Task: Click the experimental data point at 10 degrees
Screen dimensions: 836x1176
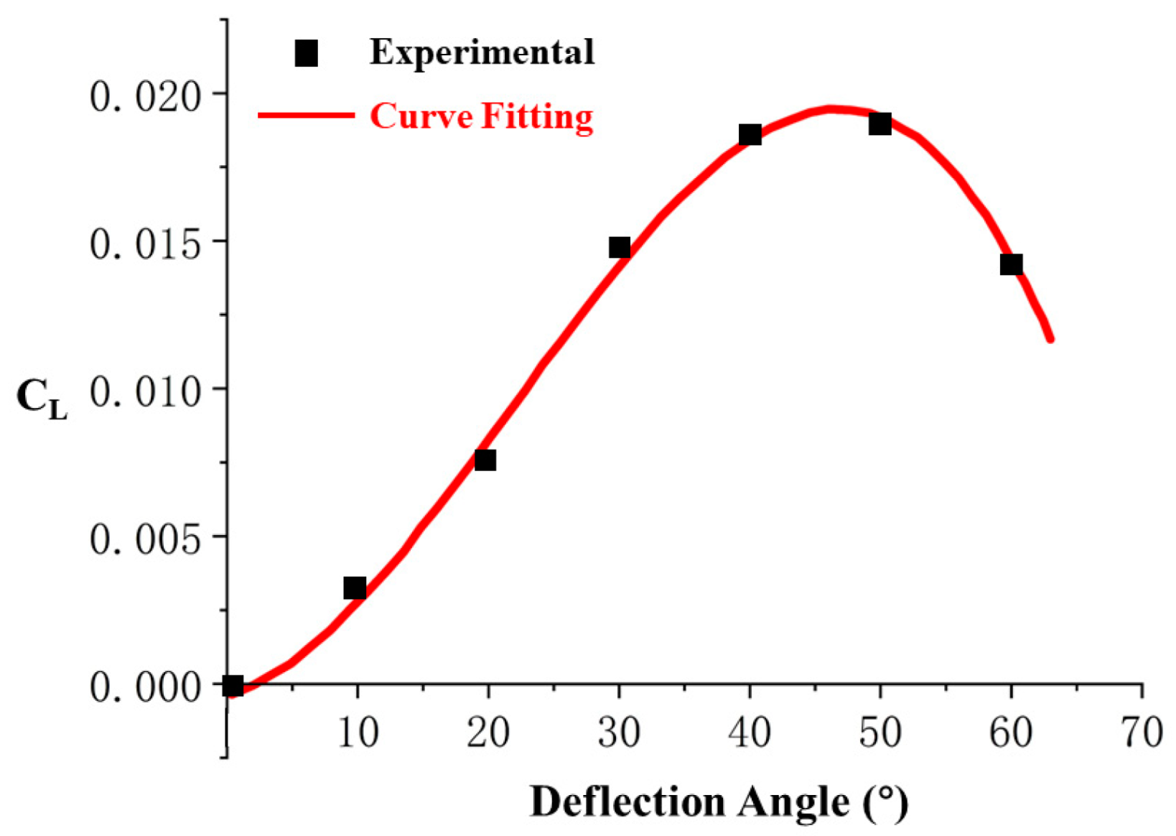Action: [x=355, y=588]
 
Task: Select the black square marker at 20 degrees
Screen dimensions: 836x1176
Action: [x=485, y=460]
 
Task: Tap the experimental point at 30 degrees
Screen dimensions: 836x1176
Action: [x=620, y=248]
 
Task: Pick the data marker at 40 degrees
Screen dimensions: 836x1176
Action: [x=750, y=134]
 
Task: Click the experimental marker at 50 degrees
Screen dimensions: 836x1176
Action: [x=880, y=124]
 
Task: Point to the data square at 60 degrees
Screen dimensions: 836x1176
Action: [x=1011, y=264]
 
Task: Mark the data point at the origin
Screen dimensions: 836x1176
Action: [x=233, y=685]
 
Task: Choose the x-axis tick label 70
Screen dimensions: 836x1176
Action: [x=1142, y=733]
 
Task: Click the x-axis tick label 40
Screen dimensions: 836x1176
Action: [x=750, y=733]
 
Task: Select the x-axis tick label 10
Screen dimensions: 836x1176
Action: [x=358, y=733]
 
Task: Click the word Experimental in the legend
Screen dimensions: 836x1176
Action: [x=482, y=52]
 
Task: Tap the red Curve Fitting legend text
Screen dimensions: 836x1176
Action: [x=482, y=116]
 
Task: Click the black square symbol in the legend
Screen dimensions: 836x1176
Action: [x=307, y=52]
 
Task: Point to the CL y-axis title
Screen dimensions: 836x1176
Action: [x=41, y=399]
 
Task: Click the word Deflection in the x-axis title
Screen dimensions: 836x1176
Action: [x=628, y=802]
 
